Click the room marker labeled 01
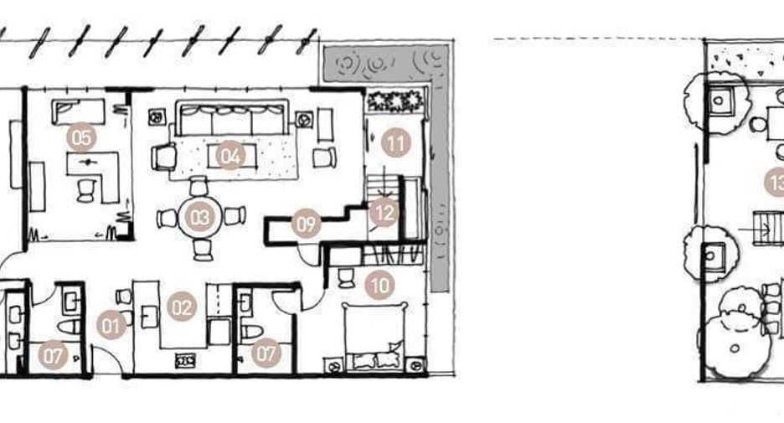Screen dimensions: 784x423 [111, 325]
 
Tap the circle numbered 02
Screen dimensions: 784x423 [181, 307]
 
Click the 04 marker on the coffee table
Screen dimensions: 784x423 [230, 156]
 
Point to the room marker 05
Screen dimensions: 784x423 [81, 137]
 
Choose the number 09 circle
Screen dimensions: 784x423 [306, 223]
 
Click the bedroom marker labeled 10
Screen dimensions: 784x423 [379, 286]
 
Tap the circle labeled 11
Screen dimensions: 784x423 [396, 143]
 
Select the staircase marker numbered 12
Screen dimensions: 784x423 [384, 213]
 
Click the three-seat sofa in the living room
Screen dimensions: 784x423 [232, 118]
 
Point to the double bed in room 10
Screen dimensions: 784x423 [374, 336]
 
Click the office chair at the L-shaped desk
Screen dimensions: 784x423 [86, 190]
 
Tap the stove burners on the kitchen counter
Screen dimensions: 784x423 [185, 360]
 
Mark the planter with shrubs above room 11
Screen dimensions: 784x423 [395, 101]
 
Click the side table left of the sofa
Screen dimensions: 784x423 [157, 117]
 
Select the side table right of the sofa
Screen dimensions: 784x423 [303, 120]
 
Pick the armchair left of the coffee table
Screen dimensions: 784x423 [163, 157]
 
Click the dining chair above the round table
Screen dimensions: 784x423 [199, 185]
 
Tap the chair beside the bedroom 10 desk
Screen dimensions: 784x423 [346, 278]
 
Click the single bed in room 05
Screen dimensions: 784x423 [79, 111]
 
